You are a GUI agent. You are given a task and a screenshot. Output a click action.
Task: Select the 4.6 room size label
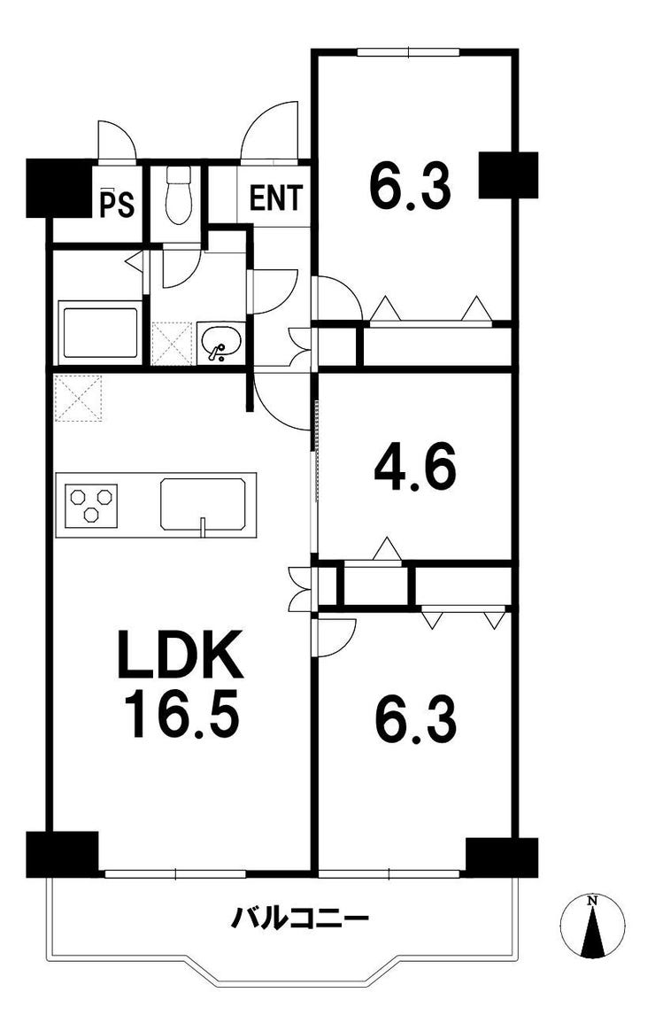414,468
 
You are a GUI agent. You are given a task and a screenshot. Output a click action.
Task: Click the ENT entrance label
276,198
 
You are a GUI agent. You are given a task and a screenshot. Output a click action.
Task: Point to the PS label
117,204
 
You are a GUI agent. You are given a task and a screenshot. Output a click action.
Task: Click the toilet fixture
177,195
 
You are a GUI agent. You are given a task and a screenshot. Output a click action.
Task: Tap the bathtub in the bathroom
100,332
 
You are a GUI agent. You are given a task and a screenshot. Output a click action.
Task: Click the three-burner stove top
91,504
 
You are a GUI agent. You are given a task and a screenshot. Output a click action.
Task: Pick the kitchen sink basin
204,504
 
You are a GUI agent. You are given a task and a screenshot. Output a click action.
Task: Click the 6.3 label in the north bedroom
410,186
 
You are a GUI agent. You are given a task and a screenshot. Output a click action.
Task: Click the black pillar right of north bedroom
508,174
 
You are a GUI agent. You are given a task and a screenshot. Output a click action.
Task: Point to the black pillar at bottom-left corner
62,854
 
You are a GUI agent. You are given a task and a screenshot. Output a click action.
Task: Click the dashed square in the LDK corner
78,399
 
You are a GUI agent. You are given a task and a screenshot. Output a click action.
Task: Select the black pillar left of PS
58,188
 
